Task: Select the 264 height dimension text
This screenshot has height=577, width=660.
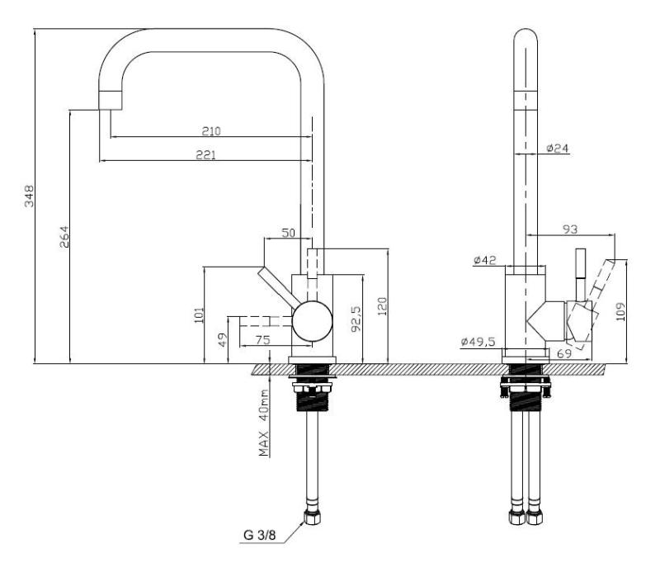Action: pyautogui.click(x=64, y=236)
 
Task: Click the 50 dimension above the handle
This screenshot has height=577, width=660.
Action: pyautogui.click(x=288, y=234)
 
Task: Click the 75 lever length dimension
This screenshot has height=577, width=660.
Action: pyautogui.click(x=263, y=339)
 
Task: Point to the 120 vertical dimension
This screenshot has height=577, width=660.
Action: pyautogui.click(x=381, y=305)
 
